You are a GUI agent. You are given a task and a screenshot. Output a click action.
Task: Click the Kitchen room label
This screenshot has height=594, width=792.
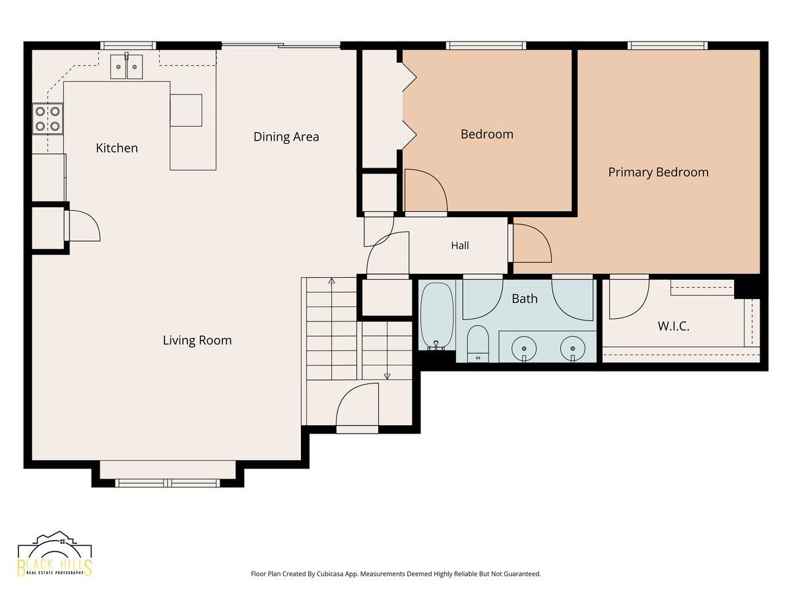tap(117, 148)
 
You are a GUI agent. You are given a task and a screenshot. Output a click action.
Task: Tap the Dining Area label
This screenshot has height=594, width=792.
tap(286, 137)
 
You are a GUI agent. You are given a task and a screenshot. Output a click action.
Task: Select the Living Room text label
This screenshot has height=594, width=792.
tap(197, 341)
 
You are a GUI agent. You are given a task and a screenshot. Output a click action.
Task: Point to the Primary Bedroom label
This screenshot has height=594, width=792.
tap(658, 172)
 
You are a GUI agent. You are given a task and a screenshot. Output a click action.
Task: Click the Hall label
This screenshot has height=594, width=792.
tap(460, 246)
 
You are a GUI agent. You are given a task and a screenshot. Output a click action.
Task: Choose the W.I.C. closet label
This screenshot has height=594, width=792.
tap(673, 327)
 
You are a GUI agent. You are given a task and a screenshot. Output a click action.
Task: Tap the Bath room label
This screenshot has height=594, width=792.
tap(525, 298)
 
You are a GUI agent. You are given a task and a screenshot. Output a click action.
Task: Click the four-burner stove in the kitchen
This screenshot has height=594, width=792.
tap(48, 119)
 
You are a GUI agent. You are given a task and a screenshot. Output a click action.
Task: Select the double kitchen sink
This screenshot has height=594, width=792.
tap(126, 67)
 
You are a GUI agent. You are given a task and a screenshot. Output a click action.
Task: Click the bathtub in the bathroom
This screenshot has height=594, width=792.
tap(437, 316)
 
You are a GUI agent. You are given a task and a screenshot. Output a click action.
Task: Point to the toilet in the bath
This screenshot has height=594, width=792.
tap(478, 344)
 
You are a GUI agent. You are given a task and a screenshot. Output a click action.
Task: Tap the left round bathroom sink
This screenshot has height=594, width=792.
tap(524, 348)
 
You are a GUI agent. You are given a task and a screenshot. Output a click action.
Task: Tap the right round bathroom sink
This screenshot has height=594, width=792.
tap(573, 348)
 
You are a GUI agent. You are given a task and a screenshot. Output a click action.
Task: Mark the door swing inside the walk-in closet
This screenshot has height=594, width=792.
tap(629, 306)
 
